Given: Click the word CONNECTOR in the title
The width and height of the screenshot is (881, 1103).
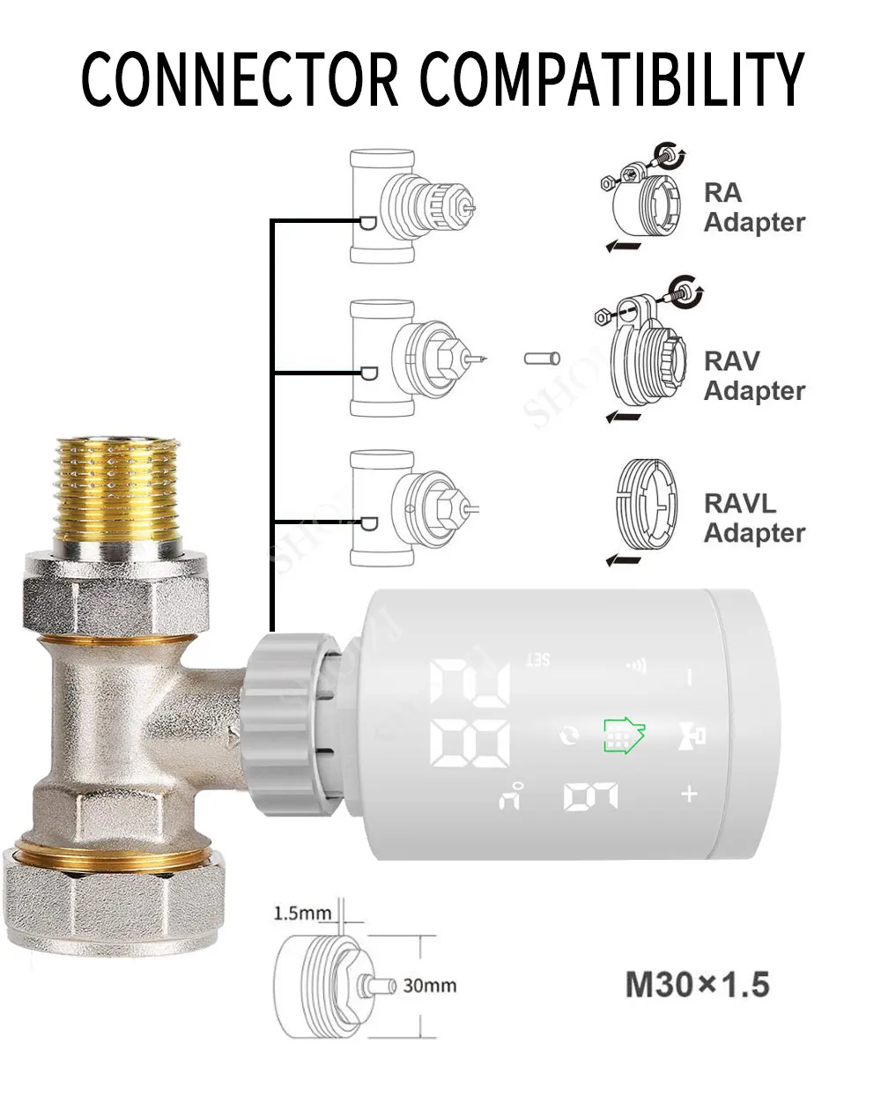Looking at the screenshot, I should click(240, 79).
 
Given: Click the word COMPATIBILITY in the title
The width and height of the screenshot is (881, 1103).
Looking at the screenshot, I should click(612, 79).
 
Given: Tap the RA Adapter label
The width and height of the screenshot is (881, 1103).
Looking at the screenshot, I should click(753, 208).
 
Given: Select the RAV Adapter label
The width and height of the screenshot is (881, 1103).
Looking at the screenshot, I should click(753, 376).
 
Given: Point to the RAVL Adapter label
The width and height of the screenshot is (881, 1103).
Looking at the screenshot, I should click(753, 518).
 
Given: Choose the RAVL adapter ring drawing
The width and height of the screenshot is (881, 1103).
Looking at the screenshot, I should click(645, 508).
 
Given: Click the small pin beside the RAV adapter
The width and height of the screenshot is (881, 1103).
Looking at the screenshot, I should click(542, 359).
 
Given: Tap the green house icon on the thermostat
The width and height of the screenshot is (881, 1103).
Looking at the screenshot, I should click(624, 734).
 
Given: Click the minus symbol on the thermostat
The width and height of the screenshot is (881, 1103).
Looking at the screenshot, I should click(690, 677).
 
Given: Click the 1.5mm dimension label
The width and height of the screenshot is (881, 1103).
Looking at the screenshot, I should click(302, 913).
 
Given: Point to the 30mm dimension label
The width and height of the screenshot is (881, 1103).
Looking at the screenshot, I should click(429, 985).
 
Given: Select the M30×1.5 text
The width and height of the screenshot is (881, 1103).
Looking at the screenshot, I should click(697, 984).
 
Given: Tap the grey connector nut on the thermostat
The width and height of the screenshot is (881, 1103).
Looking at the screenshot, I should click(291, 724).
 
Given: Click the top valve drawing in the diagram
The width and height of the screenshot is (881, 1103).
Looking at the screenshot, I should click(410, 207).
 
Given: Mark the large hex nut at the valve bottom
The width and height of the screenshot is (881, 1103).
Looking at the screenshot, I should click(113, 899).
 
